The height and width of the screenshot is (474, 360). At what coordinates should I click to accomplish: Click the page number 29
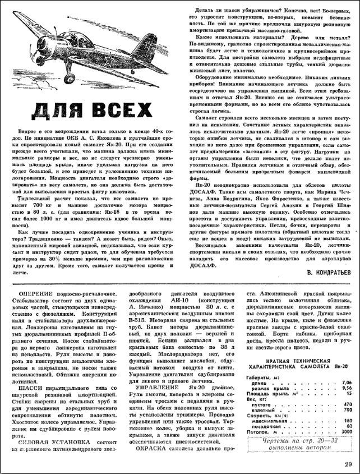click(348, 463)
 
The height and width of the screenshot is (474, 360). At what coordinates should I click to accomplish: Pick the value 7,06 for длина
click(347, 381)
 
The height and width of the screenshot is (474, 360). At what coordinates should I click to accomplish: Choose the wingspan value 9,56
click(347, 388)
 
